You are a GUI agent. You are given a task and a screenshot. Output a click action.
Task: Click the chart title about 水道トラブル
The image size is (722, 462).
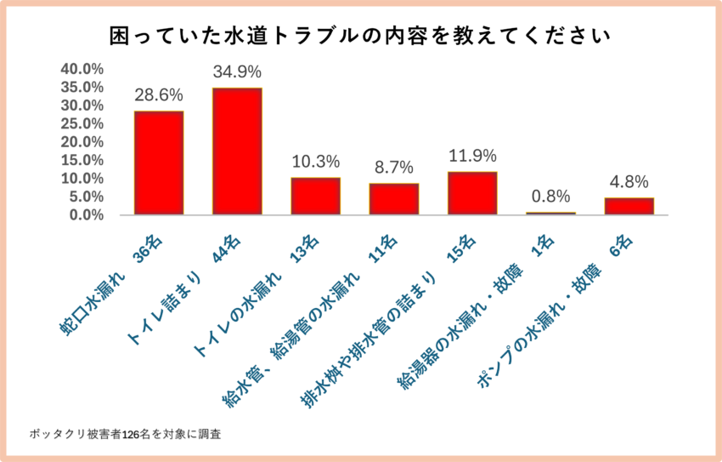click(361, 37)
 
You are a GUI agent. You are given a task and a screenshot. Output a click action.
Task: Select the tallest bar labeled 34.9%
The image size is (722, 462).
click(237, 151)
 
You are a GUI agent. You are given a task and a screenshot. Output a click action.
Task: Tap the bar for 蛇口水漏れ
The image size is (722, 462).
click(159, 163)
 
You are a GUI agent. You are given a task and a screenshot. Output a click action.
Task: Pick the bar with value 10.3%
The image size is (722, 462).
click(315, 196)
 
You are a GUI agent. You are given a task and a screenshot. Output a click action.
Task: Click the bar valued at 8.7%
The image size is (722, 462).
click(393, 199)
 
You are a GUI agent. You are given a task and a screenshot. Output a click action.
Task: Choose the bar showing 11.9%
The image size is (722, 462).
click(472, 193)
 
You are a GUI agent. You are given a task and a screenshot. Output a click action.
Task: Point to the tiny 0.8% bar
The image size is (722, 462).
click(550, 213)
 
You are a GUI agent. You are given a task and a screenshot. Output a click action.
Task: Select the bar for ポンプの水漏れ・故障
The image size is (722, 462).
click(629, 206)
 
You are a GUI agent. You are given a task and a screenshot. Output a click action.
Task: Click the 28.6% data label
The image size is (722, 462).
click(159, 94)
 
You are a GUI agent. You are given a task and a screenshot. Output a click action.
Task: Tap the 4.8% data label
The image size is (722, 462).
click(629, 181)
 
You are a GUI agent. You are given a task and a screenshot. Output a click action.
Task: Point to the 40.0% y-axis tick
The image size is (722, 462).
click(82, 69)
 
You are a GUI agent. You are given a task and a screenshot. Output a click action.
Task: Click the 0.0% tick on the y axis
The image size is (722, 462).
click(86, 215)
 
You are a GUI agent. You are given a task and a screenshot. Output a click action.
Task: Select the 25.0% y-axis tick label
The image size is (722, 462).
click(82, 124)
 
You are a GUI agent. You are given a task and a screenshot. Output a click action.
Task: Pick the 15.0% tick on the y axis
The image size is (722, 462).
click(82, 161)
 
